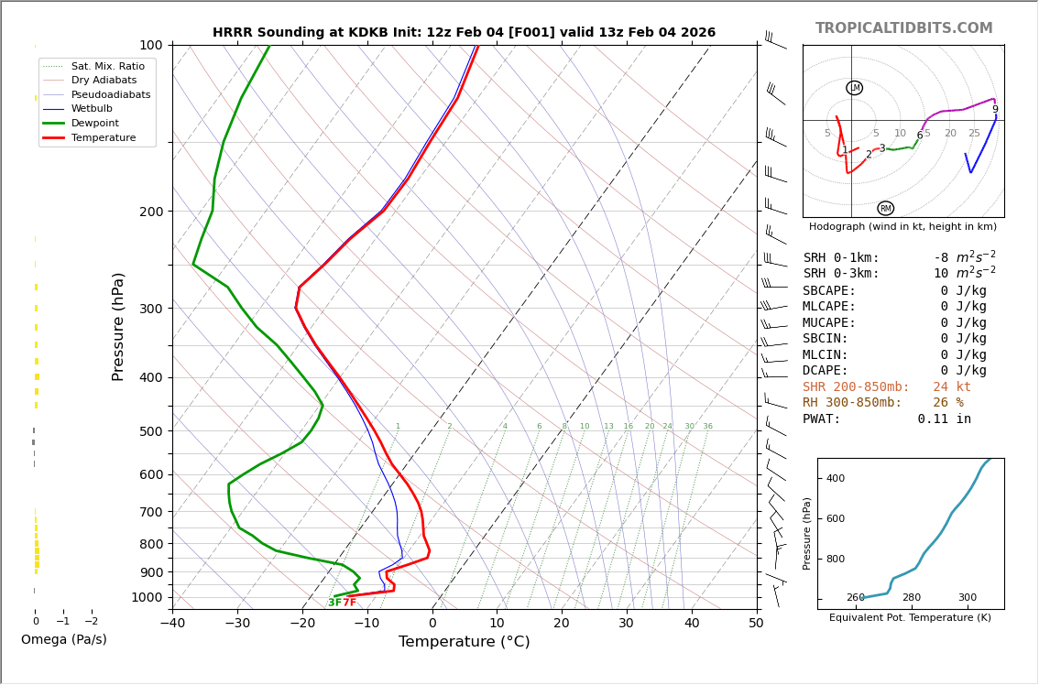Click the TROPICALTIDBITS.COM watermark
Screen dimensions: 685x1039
pos(903,28)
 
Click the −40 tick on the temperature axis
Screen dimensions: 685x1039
pos(172,624)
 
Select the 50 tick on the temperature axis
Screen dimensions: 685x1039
pos(757,624)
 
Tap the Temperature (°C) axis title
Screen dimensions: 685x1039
pos(464,642)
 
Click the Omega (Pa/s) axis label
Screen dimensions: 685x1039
pos(63,640)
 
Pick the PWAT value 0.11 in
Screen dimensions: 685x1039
pos(944,419)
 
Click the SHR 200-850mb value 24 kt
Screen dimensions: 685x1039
pos(952,387)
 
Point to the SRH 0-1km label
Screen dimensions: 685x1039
pos(841,258)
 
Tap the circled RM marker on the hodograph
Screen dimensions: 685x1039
pos(885,208)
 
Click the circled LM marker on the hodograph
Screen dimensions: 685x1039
pos(854,88)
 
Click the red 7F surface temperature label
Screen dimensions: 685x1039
pos(349,603)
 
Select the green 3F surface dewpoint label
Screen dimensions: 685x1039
pos(334,603)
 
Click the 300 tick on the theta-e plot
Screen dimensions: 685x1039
pos(968,598)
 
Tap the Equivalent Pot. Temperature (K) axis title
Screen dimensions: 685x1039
pos(910,618)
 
